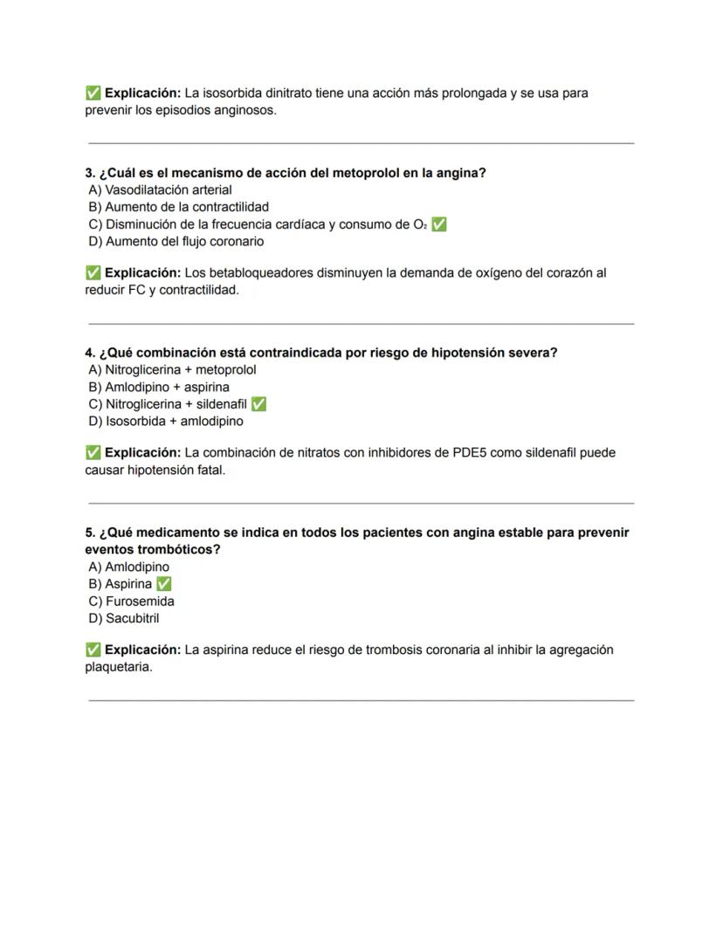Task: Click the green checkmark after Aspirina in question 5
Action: pyautogui.click(x=163, y=584)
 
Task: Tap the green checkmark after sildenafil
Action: pyautogui.click(x=258, y=404)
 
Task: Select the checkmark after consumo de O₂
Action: pyautogui.click(x=439, y=224)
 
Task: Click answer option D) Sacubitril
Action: pyautogui.click(x=124, y=618)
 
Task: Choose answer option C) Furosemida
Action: pyautogui.click(x=131, y=602)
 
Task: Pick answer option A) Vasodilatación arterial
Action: pyautogui.click(x=160, y=189)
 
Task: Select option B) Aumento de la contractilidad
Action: pyautogui.click(x=178, y=207)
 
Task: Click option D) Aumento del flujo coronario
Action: pyautogui.click(x=176, y=241)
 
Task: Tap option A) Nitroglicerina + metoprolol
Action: pyautogui.click(x=172, y=369)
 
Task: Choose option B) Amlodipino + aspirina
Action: pyautogui.click(x=159, y=387)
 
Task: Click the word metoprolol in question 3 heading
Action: pyautogui.click(x=365, y=173)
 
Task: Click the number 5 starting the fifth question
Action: pyautogui.click(x=89, y=533)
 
